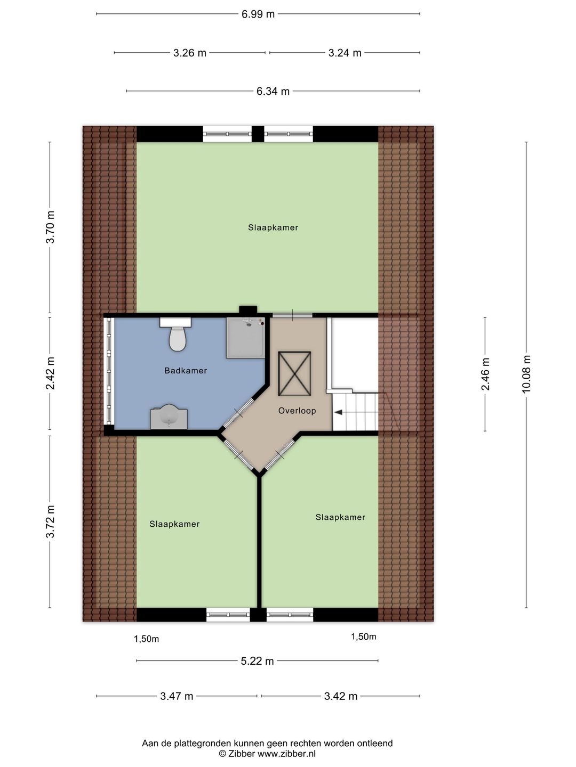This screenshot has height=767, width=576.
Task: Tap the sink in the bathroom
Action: point(169,417)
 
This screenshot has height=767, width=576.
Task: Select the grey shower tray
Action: point(245,338)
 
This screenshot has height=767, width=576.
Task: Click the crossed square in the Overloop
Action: point(294,373)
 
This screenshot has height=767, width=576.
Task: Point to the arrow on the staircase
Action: point(338,412)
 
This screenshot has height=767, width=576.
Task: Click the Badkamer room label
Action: point(186,370)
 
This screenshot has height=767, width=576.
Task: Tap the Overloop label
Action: point(297,411)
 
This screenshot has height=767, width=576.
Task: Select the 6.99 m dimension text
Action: point(258,14)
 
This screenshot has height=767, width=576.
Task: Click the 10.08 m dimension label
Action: point(526,374)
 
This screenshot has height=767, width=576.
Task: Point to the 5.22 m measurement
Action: point(258,661)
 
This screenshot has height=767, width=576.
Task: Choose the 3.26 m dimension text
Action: point(189,53)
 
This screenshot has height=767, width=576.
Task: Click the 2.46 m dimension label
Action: point(485,374)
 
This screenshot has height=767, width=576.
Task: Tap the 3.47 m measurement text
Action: point(177,696)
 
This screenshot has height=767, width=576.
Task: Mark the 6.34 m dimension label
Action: point(273,91)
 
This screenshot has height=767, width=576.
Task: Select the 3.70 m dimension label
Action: point(50,227)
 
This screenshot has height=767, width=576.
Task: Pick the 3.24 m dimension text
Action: point(345,53)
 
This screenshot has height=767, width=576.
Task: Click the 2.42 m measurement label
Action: point(50,373)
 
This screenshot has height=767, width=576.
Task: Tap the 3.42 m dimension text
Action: point(341,696)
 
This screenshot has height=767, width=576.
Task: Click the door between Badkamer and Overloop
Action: point(238,413)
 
